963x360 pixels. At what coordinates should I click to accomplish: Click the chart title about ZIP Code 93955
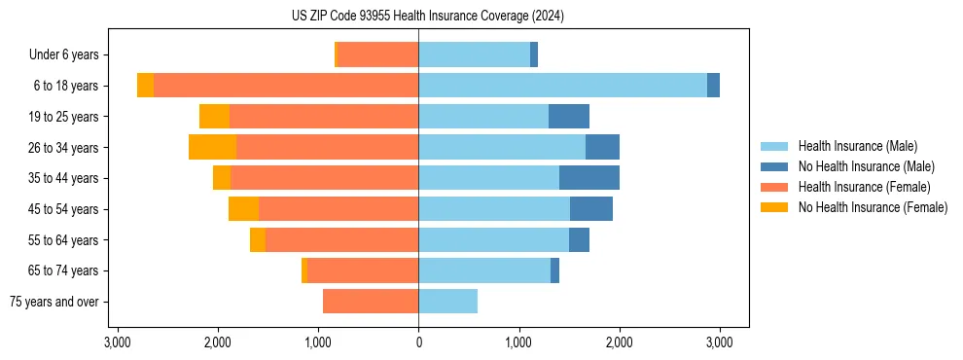[427, 16]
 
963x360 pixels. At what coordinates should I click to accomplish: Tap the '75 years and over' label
[54, 302]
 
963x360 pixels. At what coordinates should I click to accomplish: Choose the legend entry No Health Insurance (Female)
[873, 207]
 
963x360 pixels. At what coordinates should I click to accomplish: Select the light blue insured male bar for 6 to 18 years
[562, 86]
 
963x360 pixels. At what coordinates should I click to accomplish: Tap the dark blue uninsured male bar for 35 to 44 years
[589, 178]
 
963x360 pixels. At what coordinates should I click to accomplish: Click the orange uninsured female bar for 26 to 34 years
[212, 147]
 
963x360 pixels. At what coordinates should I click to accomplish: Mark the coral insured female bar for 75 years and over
[371, 302]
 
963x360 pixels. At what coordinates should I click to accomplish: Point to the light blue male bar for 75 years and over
[447, 302]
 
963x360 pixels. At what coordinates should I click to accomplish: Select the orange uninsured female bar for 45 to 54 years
[243, 209]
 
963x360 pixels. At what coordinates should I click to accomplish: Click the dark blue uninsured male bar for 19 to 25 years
[569, 117]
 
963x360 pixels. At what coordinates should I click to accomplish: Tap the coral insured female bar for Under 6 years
[377, 55]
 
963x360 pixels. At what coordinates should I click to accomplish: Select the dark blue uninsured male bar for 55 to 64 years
[579, 239]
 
